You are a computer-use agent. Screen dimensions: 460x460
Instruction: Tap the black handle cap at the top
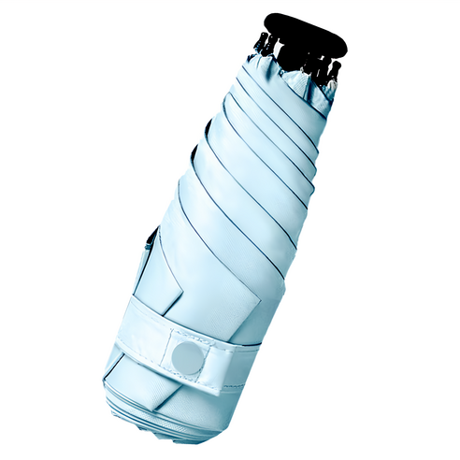tap(300, 32)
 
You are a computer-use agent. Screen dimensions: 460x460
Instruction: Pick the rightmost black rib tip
tap(333, 72)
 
